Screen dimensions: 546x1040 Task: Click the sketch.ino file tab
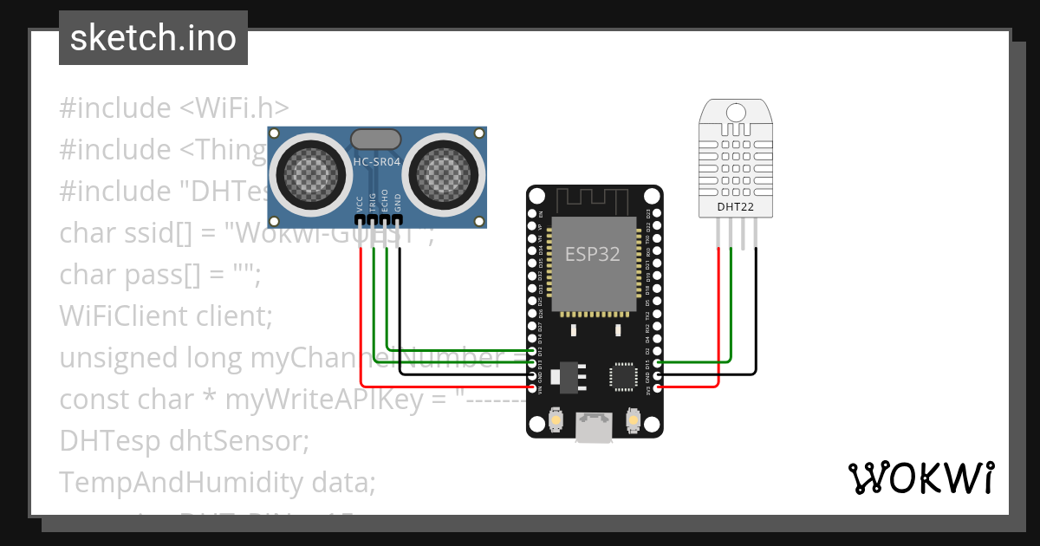153,38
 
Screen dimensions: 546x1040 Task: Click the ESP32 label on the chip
593,254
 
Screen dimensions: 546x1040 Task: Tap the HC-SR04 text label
376,161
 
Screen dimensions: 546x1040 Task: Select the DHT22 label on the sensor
734,207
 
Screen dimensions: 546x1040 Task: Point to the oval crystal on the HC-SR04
375,139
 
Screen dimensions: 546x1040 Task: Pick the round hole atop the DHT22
735,113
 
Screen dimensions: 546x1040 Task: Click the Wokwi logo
920,478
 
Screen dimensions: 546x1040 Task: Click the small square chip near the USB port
622,376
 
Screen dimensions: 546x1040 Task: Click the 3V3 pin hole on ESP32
657,387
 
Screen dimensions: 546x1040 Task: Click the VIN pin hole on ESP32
532,387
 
